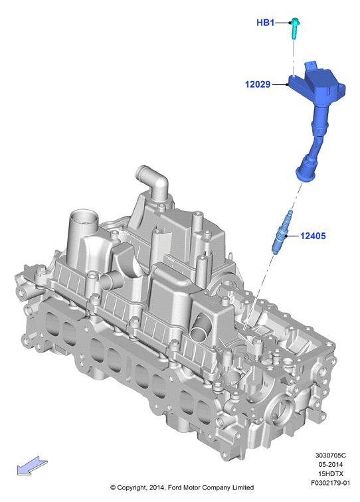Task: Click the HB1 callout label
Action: (x=265, y=23)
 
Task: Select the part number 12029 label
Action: (x=258, y=84)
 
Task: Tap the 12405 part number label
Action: (x=313, y=236)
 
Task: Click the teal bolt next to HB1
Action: (x=294, y=28)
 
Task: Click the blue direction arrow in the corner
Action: (x=32, y=465)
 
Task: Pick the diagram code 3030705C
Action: (x=331, y=456)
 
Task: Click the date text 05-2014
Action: (x=331, y=464)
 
